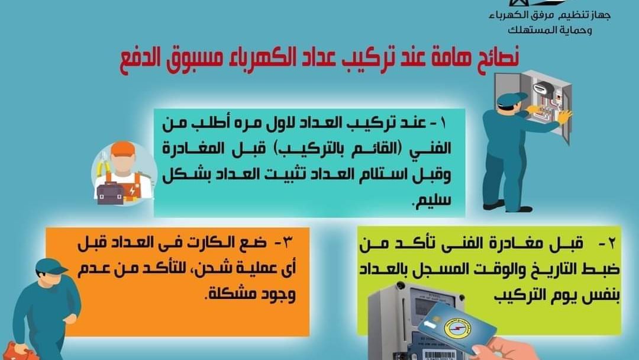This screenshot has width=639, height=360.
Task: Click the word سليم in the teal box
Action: tap(433, 200)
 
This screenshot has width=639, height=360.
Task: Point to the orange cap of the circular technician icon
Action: tap(122, 149)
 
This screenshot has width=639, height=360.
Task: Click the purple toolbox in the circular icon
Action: tap(110, 193)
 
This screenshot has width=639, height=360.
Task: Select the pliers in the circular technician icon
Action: tap(104, 165)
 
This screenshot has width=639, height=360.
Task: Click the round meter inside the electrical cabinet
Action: tap(543, 88)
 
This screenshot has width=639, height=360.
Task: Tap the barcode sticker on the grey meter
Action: tap(440, 354)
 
